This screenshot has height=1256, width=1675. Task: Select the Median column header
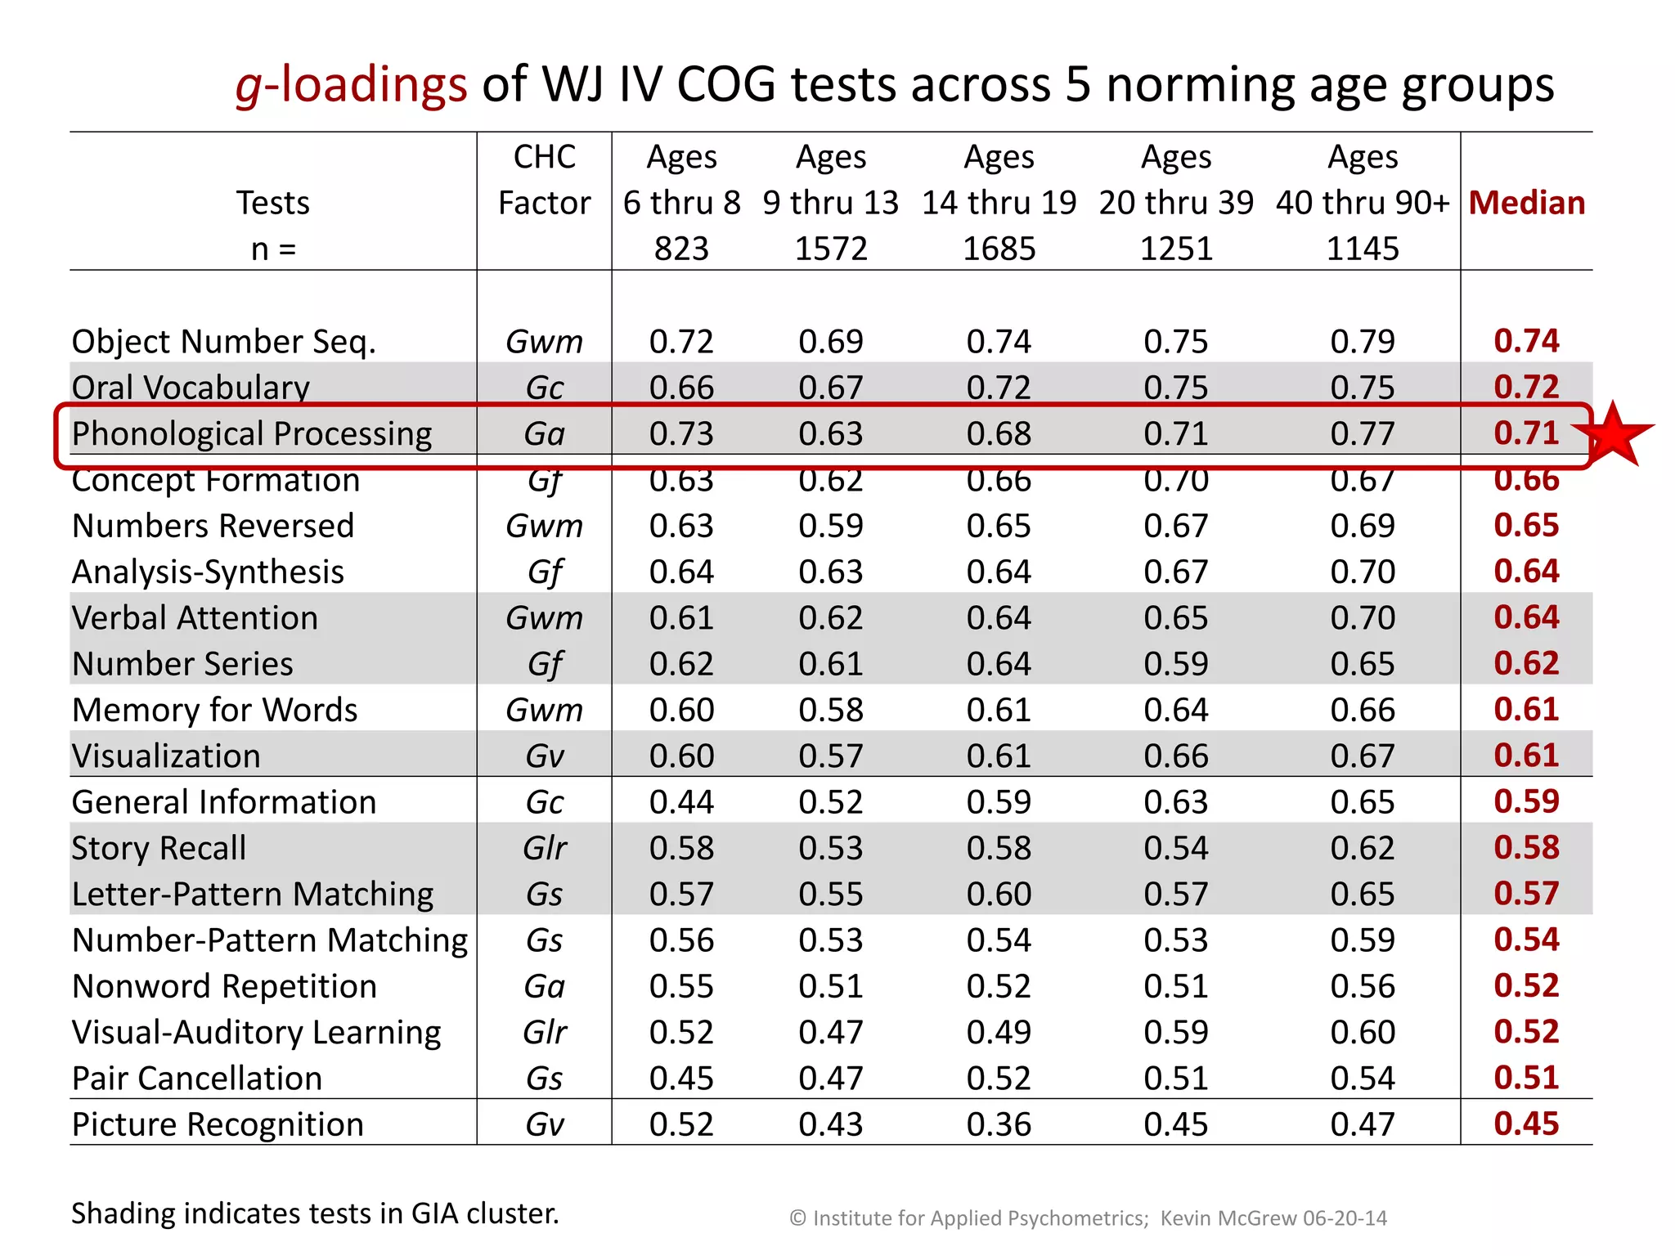(x=1526, y=203)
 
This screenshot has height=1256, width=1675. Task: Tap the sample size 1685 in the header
(x=999, y=249)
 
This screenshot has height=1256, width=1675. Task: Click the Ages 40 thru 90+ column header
(x=1362, y=202)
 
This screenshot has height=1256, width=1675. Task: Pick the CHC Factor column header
(x=544, y=180)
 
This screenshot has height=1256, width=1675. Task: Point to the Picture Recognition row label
(x=218, y=1124)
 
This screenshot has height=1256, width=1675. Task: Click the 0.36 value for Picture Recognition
(x=999, y=1124)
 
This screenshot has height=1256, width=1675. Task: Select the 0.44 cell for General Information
(x=681, y=802)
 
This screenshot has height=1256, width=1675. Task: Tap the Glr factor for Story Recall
(x=545, y=848)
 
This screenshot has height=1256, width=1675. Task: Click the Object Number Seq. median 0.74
(x=1526, y=341)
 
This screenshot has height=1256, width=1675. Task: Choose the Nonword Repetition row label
(x=224, y=986)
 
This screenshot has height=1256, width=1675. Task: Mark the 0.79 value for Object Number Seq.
(x=1362, y=342)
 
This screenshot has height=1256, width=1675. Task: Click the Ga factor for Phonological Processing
(x=545, y=433)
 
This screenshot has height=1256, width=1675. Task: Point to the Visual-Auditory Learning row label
(x=257, y=1032)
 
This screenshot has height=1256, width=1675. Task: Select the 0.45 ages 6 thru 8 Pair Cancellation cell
(x=681, y=1079)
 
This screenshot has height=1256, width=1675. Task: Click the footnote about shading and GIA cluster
(x=315, y=1213)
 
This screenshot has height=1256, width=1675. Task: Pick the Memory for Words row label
(x=214, y=710)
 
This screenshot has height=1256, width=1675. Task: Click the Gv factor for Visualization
(x=545, y=756)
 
